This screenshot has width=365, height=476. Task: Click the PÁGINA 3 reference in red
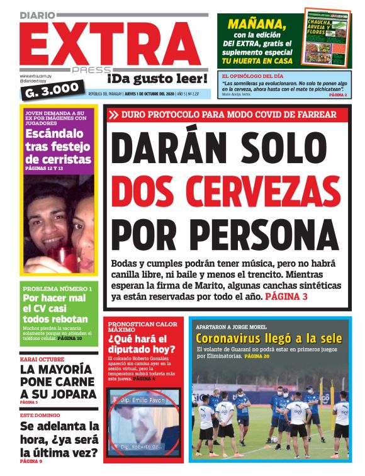(x=286, y=296)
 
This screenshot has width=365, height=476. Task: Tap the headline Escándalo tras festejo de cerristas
(x=59, y=147)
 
